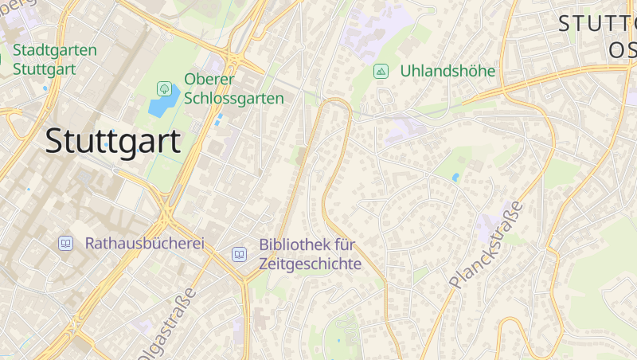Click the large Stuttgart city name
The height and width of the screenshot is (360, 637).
113,141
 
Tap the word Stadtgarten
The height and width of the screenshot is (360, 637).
55,50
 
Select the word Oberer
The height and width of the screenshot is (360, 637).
209,80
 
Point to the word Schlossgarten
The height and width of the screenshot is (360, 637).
234,99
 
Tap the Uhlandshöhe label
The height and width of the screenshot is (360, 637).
447,71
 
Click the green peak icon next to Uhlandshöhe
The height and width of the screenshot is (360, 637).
381,71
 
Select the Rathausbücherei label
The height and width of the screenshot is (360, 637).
145,243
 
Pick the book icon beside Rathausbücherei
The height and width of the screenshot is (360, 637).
65,243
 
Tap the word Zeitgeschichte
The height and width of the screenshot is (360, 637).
311,264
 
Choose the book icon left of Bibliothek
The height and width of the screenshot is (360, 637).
239,255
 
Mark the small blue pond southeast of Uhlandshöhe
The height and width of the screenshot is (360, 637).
455,177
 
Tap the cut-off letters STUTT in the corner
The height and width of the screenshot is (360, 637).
597,23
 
